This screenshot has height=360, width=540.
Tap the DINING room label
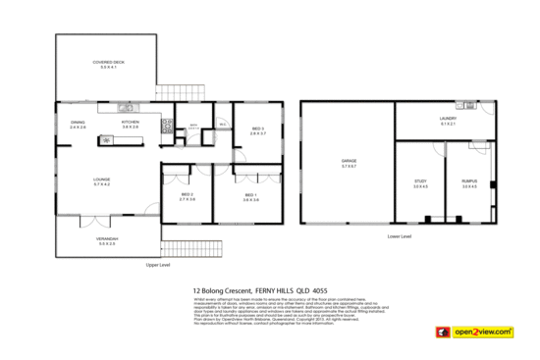78,124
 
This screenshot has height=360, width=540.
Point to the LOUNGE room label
101,180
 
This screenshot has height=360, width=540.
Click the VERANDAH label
105,239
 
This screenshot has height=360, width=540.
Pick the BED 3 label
258,129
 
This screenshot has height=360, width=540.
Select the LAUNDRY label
448,120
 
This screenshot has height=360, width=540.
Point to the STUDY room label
420,182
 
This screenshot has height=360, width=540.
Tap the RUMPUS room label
469,182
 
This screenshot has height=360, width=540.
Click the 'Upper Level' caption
159,265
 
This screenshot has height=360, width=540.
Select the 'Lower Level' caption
400,236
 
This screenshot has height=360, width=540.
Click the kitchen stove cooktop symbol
168,125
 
